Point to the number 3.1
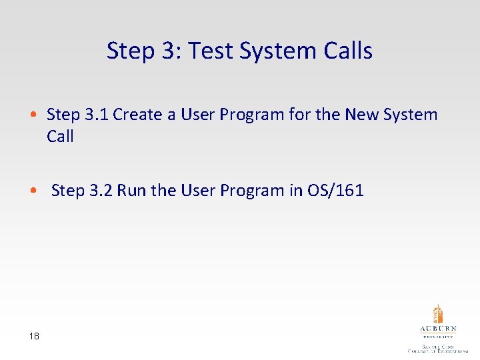pos(97,115)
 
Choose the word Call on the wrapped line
pos(60,137)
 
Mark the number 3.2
pos(101,191)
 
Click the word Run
pos(131,191)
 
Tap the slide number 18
pos(34,337)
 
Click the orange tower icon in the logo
pos(438,314)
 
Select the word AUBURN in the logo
pos(438,329)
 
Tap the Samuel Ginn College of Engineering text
pos(438,348)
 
